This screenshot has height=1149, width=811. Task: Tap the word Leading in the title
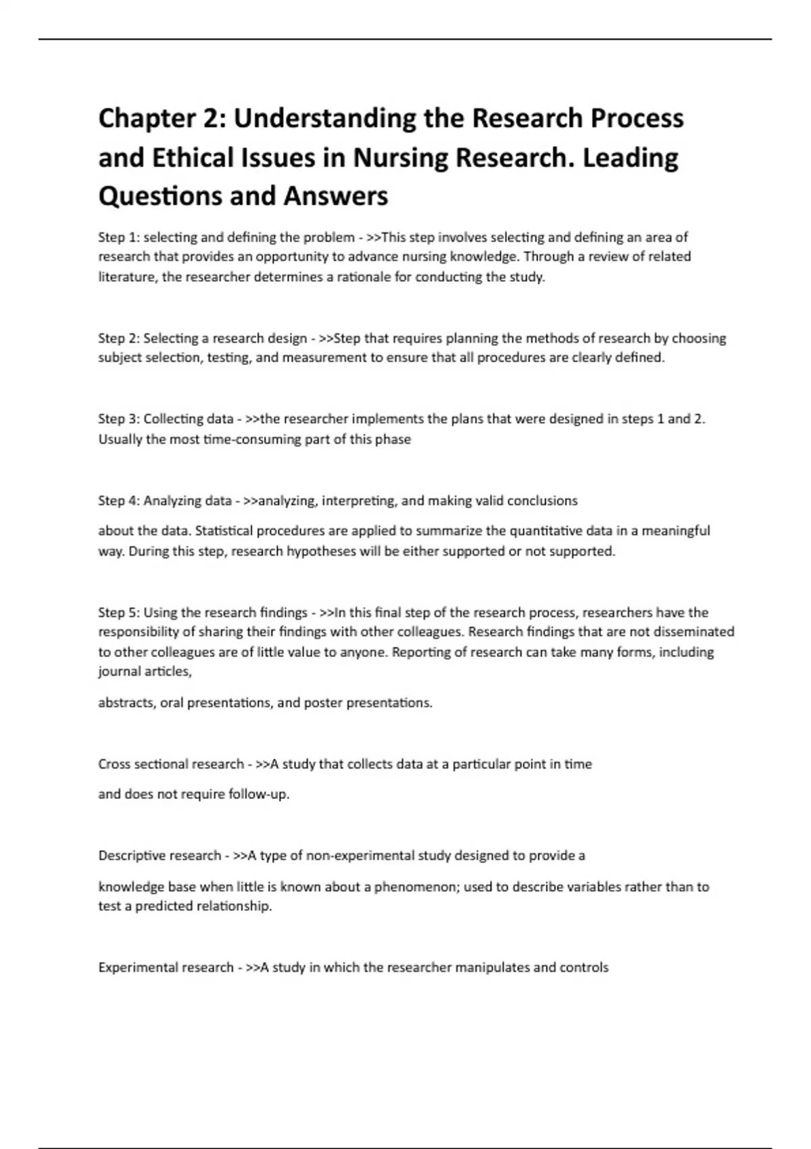[630, 157]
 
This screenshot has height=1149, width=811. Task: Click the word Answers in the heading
[336, 196]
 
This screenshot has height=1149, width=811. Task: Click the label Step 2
[118, 338]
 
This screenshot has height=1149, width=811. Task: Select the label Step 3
[118, 419]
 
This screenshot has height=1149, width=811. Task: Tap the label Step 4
[118, 501]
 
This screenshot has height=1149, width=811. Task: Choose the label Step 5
[118, 612]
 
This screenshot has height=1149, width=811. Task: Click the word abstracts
[126, 703]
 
